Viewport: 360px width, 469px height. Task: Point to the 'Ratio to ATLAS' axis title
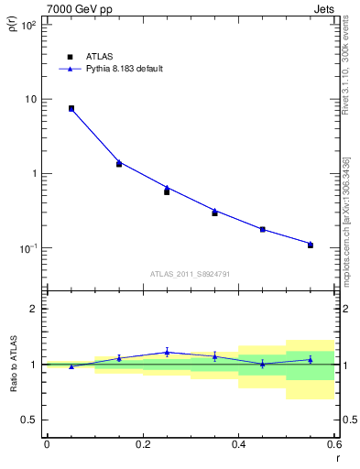[x=12, y=363]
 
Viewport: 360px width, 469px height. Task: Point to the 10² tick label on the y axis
[x=29, y=26]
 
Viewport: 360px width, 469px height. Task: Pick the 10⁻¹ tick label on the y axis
[x=28, y=248]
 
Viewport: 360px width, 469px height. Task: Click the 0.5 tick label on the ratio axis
[x=30, y=420]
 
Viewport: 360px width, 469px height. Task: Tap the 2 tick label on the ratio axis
[x=35, y=309]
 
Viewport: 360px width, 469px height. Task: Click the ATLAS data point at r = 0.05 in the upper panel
[x=71, y=108]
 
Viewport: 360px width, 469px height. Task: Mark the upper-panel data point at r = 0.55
[x=311, y=245]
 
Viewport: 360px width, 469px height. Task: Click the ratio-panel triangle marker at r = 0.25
[x=167, y=352]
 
